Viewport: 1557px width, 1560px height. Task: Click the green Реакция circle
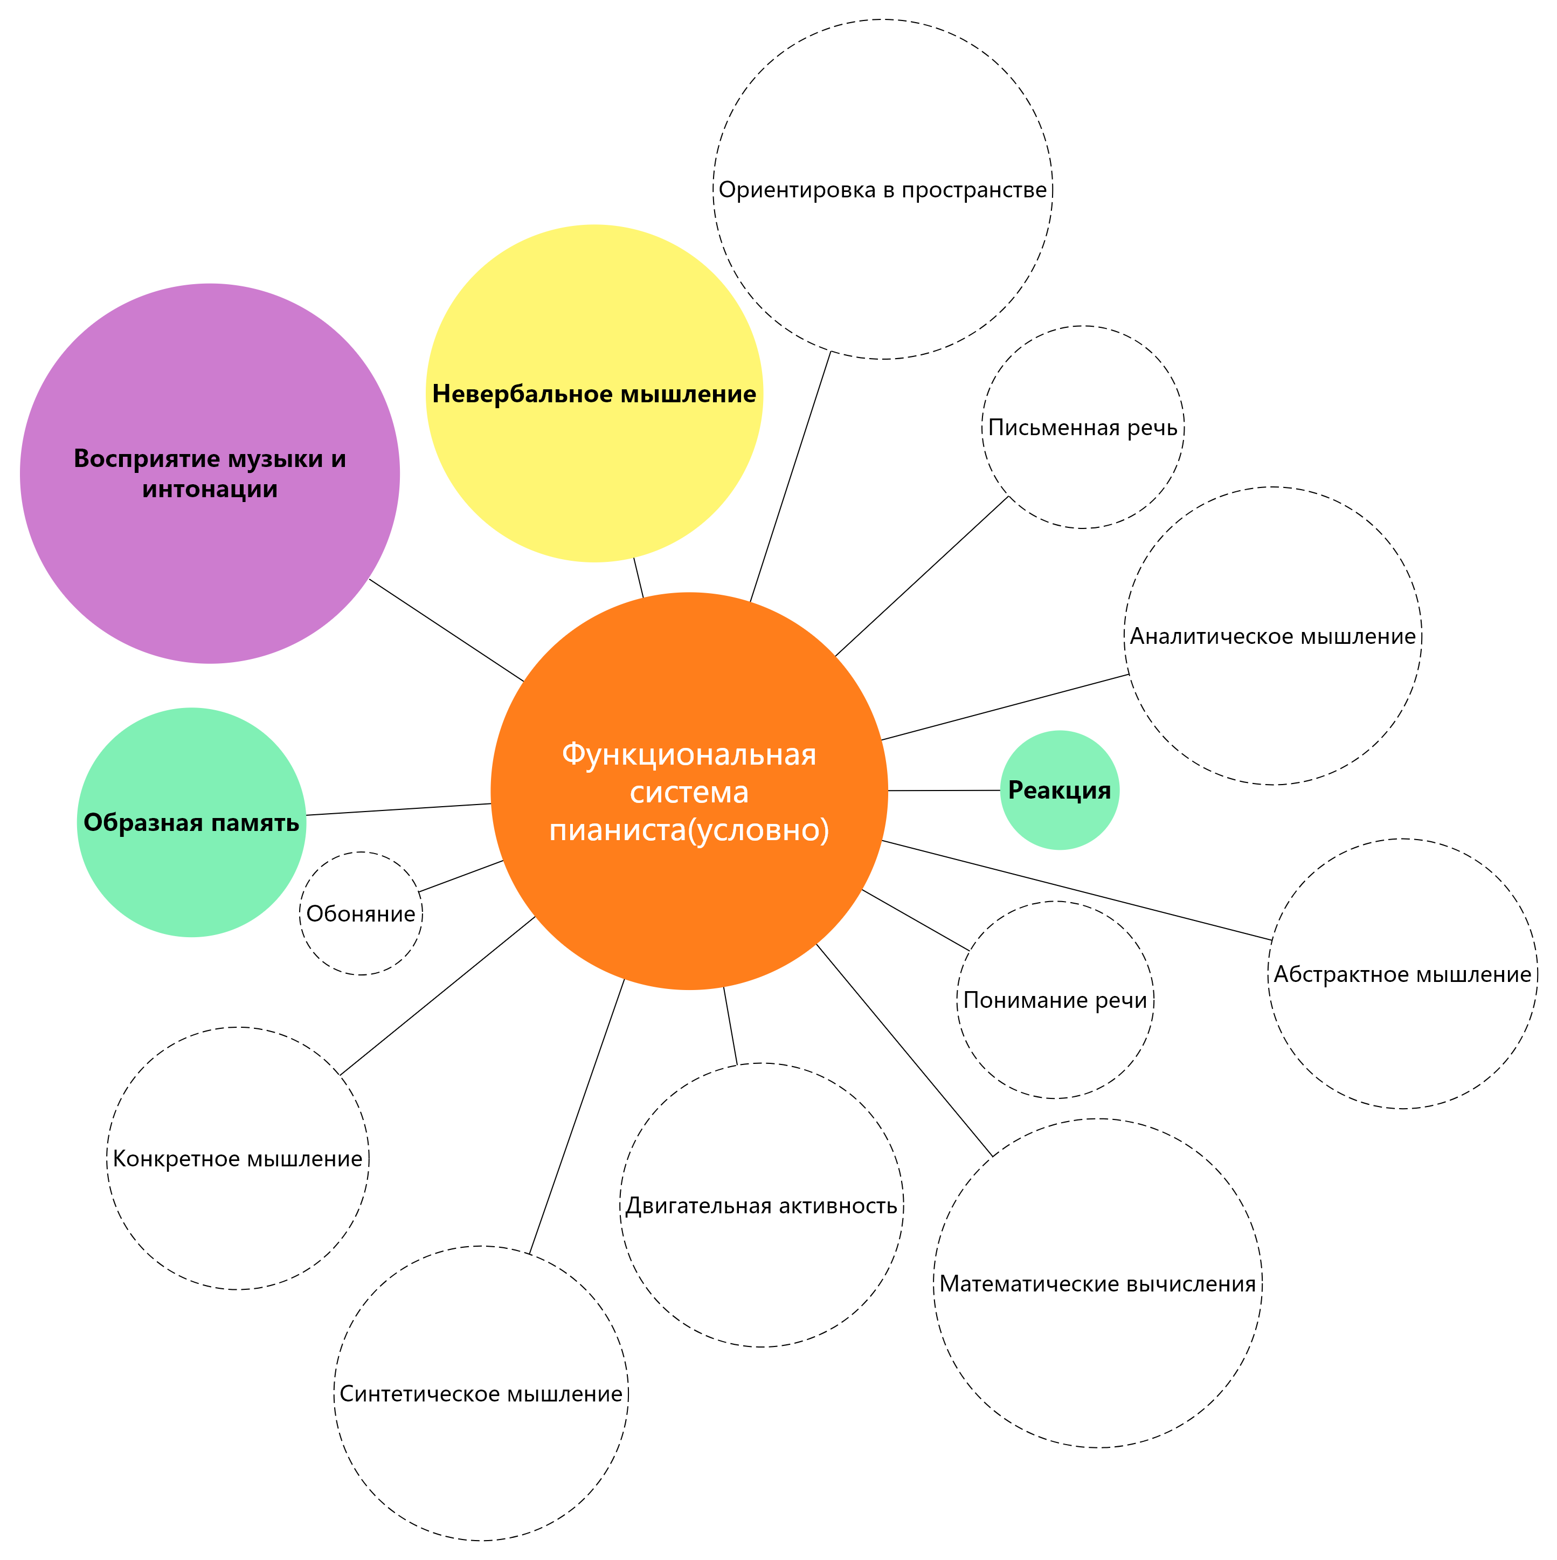[x=1059, y=791]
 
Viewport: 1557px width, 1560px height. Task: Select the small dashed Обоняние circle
[x=361, y=913]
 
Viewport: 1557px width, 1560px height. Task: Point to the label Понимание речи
[x=1055, y=1000]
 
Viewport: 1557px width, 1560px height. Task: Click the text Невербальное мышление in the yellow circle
[x=594, y=394]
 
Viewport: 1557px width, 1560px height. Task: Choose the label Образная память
[x=191, y=823]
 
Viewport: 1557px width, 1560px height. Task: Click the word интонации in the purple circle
[x=210, y=489]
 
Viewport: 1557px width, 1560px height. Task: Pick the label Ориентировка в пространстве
[x=882, y=190]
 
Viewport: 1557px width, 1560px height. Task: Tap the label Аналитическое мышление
[x=1272, y=636]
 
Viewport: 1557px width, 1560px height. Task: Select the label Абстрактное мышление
[x=1402, y=974]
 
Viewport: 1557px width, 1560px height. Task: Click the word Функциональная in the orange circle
[x=689, y=755]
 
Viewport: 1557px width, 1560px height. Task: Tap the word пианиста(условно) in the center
[x=689, y=829]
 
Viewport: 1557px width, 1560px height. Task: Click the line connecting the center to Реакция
[x=944, y=791]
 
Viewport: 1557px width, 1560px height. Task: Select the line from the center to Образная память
[x=399, y=809]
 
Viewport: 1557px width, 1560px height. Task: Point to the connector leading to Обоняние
[x=461, y=876]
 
